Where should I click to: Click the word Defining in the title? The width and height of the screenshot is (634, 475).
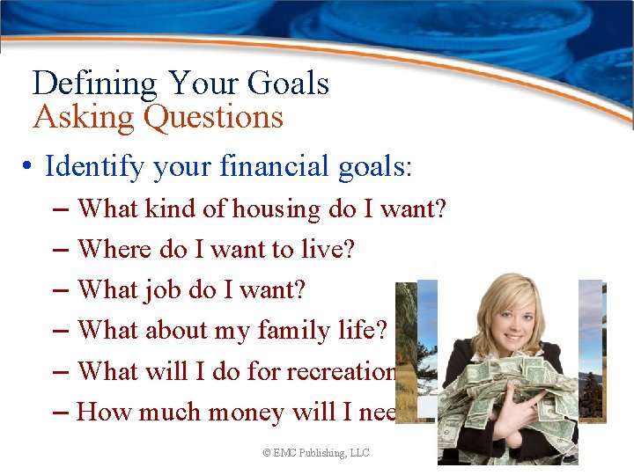94,84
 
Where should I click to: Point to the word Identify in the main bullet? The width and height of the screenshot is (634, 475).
92,165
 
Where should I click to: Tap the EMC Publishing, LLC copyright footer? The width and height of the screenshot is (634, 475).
316,452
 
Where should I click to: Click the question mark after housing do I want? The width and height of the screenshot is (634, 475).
440,209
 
